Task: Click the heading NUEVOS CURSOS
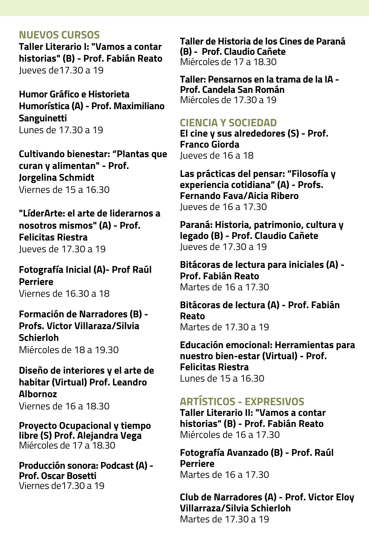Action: pyautogui.click(x=59, y=35)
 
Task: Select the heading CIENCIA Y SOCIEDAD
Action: pyautogui.click(x=228, y=123)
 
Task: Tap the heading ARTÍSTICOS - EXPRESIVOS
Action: pyautogui.click(x=242, y=401)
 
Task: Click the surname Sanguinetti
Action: pyautogui.click(x=43, y=118)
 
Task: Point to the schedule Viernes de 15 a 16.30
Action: pyautogui.click(x=64, y=189)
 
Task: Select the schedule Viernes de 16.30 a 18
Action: pyautogui.click(x=64, y=293)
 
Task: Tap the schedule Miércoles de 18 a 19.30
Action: pyautogui.click(x=69, y=350)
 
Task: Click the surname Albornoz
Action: pyautogui.click(x=38, y=394)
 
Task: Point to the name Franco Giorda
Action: pyautogui.click(x=209, y=144)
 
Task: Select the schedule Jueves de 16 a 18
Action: pyautogui.click(x=217, y=155)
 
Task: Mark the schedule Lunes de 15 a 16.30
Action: pyautogui.click(x=222, y=378)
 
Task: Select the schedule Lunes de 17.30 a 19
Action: pyautogui.click(x=61, y=130)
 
